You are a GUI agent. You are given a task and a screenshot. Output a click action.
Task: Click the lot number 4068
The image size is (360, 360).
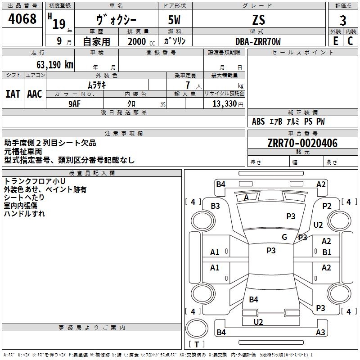pyautogui.click(x=22, y=18)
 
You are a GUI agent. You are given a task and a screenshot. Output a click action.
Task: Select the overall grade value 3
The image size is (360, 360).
pyautogui.click(x=343, y=20)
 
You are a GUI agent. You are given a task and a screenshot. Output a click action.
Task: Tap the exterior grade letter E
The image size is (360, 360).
pyautogui.click(x=335, y=41)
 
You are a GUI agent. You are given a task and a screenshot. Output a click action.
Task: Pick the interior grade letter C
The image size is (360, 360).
pyautogui.click(x=350, y=41)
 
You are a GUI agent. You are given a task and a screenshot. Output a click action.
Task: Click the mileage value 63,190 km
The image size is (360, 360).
pyautogui.click(x=55, y=65)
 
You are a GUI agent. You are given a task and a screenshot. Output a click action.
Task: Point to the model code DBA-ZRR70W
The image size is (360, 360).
pyautogui.click(x=258, y=41)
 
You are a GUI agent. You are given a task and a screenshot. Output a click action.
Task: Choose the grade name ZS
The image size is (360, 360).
pyautogui.click(x=258, y=20)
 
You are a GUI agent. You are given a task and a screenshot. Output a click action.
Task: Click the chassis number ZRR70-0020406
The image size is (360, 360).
pyautogui.click(x=302, y=143)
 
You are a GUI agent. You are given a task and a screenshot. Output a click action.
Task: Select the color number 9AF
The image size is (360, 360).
pyautogui.click(x=74, y=104)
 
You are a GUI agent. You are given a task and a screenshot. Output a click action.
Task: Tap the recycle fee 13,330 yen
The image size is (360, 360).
pyautogui.click(x=228, y=104)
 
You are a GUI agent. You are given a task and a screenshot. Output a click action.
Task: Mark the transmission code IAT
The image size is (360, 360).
pyautogui.click(x=13, y=94)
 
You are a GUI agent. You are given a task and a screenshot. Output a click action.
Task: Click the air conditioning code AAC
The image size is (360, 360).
pyautogui.click(x=35, y=94)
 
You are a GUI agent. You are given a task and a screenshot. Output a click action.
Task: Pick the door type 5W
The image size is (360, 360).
pyautogui.click(x=174, y=20)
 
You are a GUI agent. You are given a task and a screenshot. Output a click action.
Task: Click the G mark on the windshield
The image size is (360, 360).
pyautogui.click(x=284, y=237)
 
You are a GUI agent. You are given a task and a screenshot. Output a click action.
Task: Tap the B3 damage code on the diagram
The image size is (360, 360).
pyautogui.click(x=215, y=206)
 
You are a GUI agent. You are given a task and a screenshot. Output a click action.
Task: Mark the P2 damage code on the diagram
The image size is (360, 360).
pyautogui.click(x=327, y=206)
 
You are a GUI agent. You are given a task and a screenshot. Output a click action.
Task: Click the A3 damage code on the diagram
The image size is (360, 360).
pyautogui.click(x=320, y=332)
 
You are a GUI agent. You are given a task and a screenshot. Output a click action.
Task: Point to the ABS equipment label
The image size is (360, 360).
pyautogui.click(x=258, y=121)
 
